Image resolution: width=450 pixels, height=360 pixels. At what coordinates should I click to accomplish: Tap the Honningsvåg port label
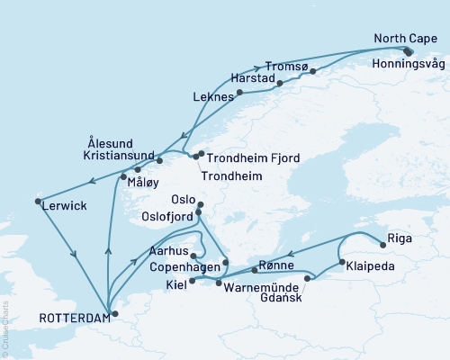(408, 64)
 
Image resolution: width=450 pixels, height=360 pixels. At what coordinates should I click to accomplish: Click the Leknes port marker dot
(240, 99)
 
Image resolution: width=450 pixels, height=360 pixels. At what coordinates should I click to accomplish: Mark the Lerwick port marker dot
(38, 201)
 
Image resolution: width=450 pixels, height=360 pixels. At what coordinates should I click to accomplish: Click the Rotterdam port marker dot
(112, 314)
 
